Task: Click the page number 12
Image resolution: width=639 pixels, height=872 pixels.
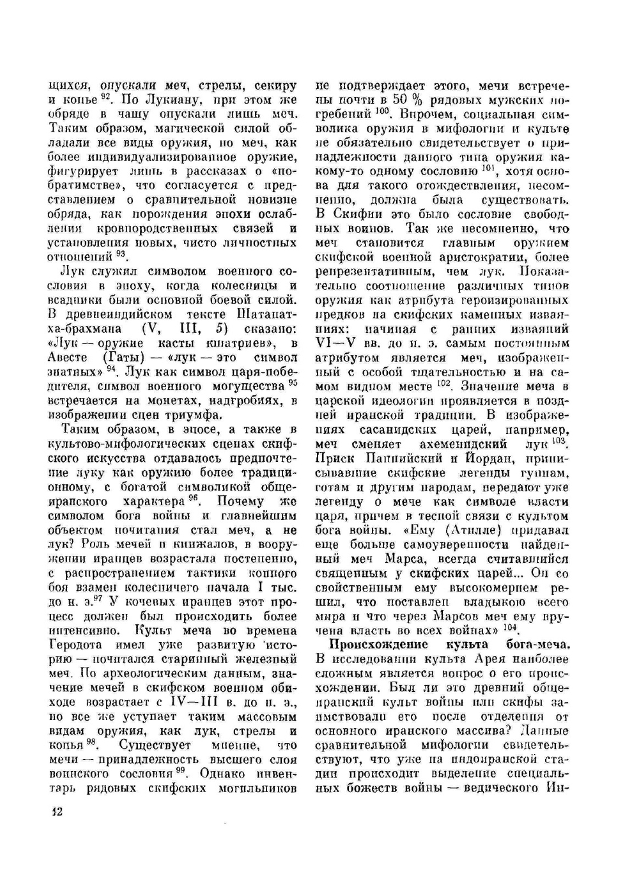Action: coord(56,812)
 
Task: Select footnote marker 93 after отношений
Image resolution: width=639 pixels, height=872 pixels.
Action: coord(119,254)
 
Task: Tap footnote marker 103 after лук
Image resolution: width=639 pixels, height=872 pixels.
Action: coord(560,440)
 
